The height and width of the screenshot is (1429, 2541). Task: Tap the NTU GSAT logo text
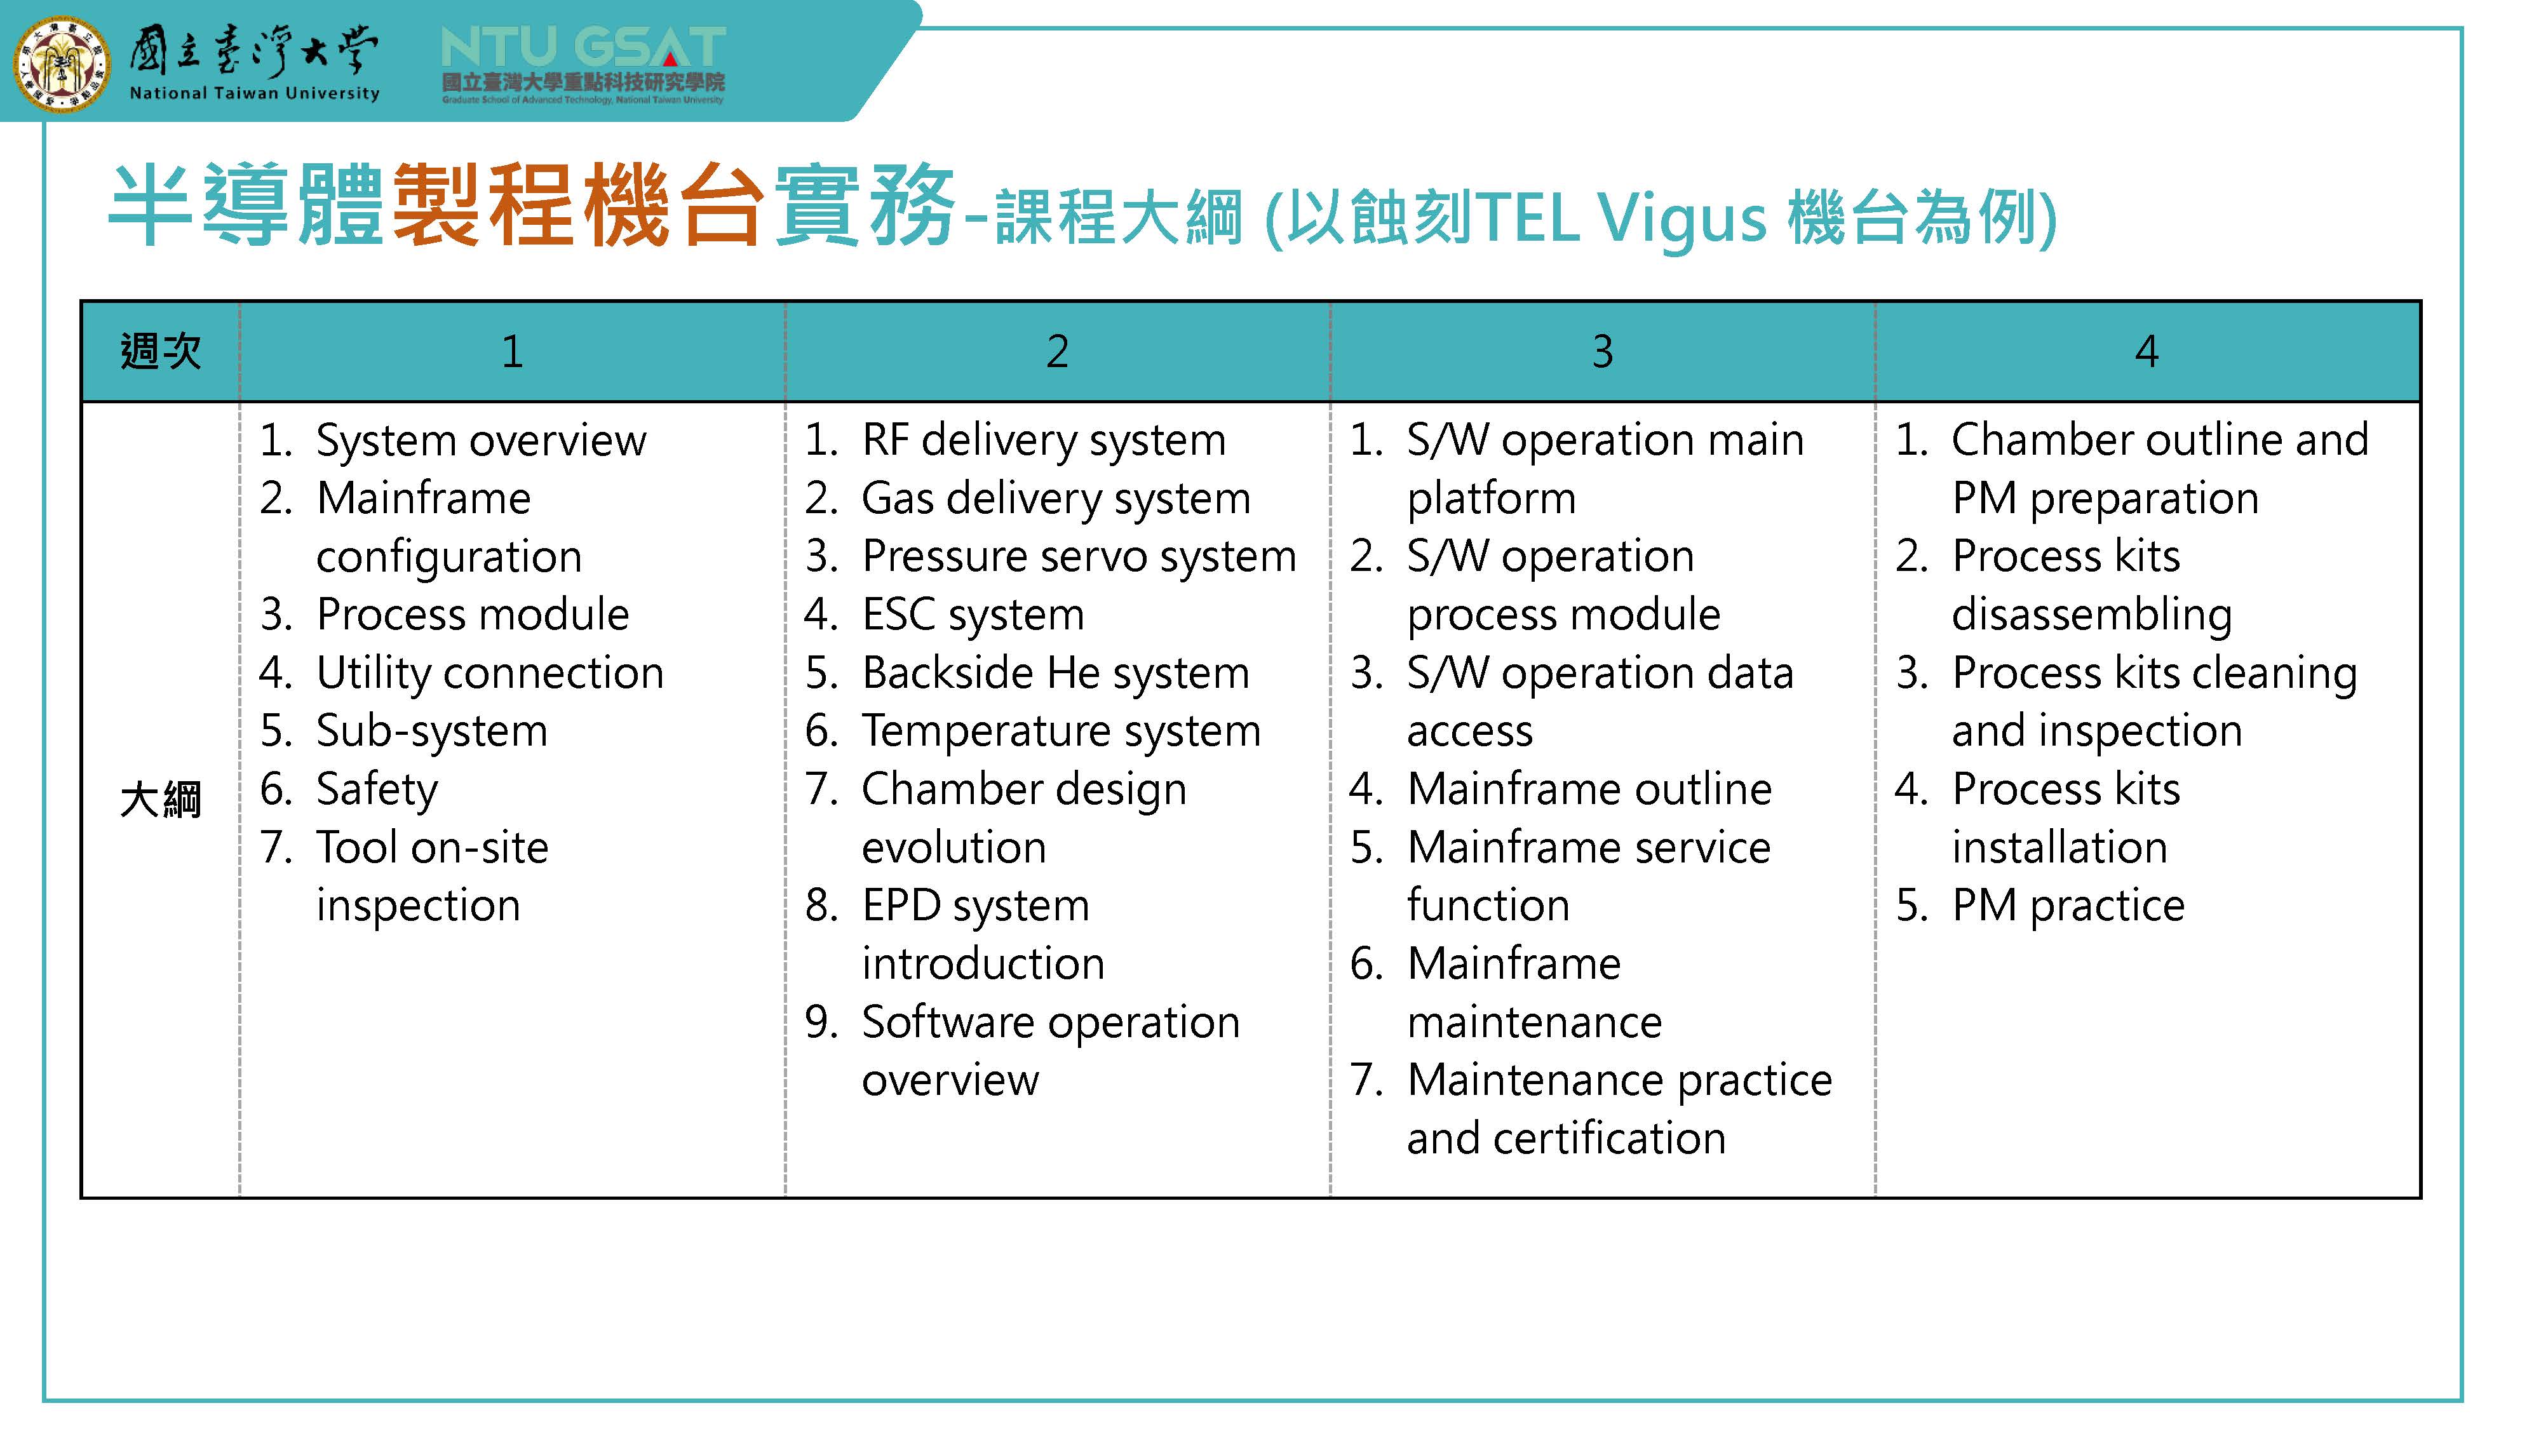tap(583, 48)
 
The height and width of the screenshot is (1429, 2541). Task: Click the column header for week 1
tap(512, 351)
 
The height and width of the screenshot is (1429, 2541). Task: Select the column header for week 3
tap(1602, 351)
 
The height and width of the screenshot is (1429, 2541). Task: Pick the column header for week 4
tap(2147, 351)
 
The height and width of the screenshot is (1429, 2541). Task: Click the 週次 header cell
tap(161, 351)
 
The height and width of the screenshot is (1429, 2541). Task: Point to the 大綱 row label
tap(161, 799)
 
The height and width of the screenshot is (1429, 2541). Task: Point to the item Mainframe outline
tap(1589, 789)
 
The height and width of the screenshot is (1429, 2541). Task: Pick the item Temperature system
tap(1062, 732)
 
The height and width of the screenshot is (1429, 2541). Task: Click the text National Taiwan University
tap(255, 94)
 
